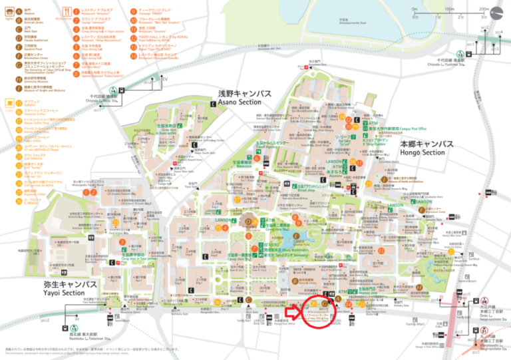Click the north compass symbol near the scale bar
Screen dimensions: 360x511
pyautogui.click(x=498, y=13)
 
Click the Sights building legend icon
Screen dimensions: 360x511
pyautogui.click(x=7, y=11)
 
